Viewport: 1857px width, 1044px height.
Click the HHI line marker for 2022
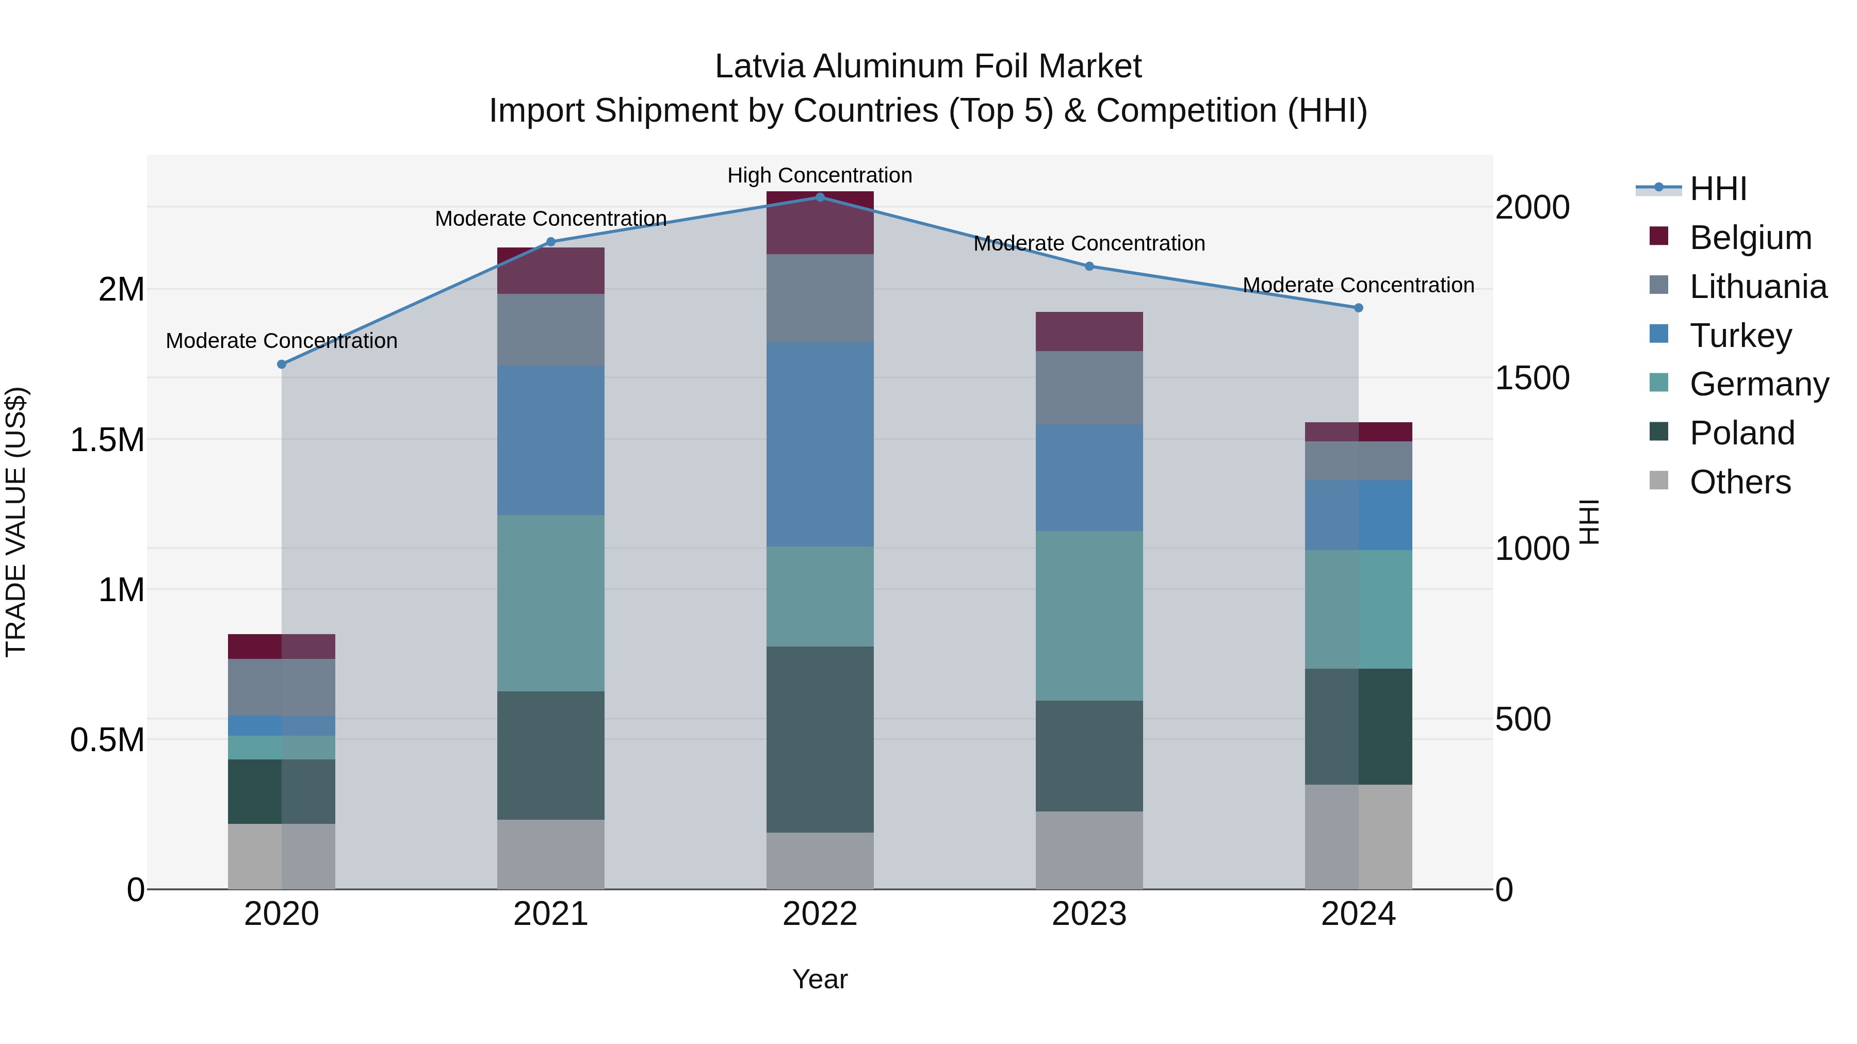click(x=820, y=197)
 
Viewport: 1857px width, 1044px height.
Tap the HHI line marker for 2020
click(x=282, y=364)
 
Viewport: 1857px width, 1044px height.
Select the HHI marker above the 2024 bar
click(x=1358, y=308)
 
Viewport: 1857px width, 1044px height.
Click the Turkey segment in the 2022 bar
click(x=820, y=444)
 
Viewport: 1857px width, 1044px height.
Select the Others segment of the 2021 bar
click(x=551, y=854)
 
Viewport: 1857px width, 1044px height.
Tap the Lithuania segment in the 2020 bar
click(x=282, y=687)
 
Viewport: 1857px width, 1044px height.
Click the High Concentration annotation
click(x=820, y=175)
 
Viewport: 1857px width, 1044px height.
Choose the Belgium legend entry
click(x=1750, y=238)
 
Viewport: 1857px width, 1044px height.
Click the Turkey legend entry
click(x=1740, y=336)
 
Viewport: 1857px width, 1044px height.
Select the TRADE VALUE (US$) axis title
click(x=16, y=522)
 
